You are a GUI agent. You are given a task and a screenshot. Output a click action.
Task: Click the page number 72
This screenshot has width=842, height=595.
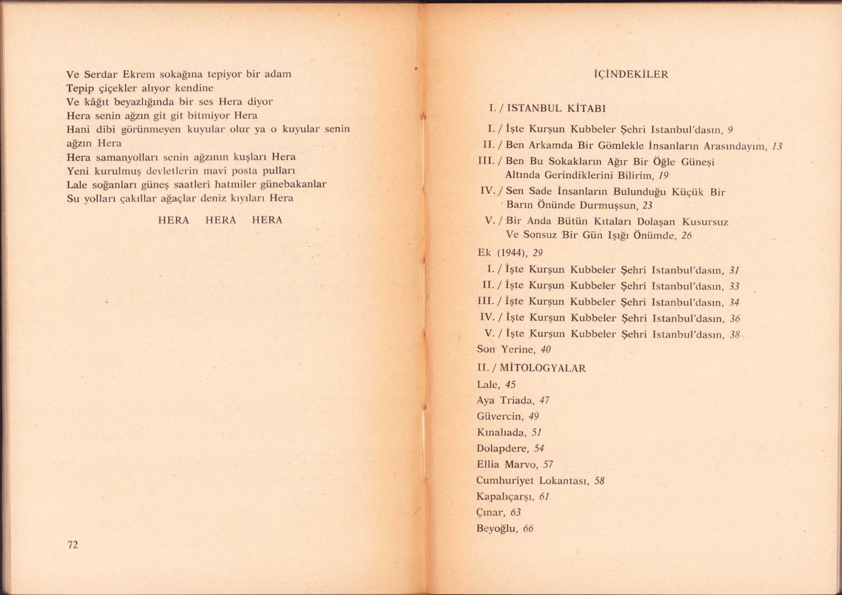click(x=72, y=544)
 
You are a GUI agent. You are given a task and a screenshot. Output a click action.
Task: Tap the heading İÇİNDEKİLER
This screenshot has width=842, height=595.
click(x=631, y=74)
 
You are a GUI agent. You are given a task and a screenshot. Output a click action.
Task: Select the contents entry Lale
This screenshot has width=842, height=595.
click(x=487, y=385)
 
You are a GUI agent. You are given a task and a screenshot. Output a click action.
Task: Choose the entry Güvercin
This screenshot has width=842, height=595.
click(x=500, y=416)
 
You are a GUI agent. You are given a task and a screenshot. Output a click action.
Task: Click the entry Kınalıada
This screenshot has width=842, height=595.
click(x=501, y=433)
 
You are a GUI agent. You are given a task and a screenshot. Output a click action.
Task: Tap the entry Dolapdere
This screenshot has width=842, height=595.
click(x=502, y=448)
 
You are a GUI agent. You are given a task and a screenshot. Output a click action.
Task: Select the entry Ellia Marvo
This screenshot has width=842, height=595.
click(x=507, y=465)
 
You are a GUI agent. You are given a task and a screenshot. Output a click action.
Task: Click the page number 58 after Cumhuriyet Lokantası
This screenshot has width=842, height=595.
click(x=600, y=480)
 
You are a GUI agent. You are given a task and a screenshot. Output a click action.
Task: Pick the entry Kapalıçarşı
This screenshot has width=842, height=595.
click(x=505, y=497)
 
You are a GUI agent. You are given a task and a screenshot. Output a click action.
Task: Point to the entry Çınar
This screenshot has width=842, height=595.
click(x=491, y=512)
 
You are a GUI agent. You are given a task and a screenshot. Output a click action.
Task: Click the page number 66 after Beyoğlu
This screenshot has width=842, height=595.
click(x=528, y=528)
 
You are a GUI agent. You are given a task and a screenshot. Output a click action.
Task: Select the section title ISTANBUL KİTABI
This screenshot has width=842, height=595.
click(x=556, y=108)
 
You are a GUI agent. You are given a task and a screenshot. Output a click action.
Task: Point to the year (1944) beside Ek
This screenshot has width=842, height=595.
click(x=512, y=253)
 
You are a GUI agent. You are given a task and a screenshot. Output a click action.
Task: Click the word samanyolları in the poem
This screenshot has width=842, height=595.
click(x=119, y=157)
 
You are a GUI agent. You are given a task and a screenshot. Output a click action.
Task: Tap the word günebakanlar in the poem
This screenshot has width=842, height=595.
click(x=294, y=184)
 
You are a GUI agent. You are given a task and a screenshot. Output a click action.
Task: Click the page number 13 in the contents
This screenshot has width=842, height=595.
click(x=777, y=146)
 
